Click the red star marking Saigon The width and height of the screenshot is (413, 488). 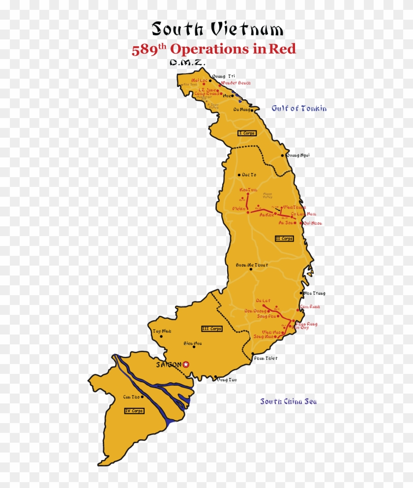pyautogui.click(x=186, y=365)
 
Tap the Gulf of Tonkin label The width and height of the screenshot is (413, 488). pyautogui.click(x=299, y=108)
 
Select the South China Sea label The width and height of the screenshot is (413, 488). pyautogui.click(x=289, y=401)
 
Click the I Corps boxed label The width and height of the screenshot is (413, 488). pyautogui.click(x=247, y=133)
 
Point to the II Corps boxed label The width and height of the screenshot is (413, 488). pyautogui.click(x=284, y=239)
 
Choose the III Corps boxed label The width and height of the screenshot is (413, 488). pyautogui.click(x=212, y=329)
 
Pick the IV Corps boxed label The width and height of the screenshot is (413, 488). pyautogui.click(x=134, y=411)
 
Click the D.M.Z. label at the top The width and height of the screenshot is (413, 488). pyautogui.click(x=187, y=63)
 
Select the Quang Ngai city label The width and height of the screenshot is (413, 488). pyautogui.click(x=298, y=155)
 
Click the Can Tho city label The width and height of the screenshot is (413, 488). pyautogui.click(x=131, y=396)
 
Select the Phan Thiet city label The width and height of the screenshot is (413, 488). pyautogui.click(x=265, y=358)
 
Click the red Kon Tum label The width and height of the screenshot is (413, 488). pyautogui.click(x=248, y=190)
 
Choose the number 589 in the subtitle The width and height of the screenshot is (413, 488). pyautogui.click(x=142, y=50)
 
